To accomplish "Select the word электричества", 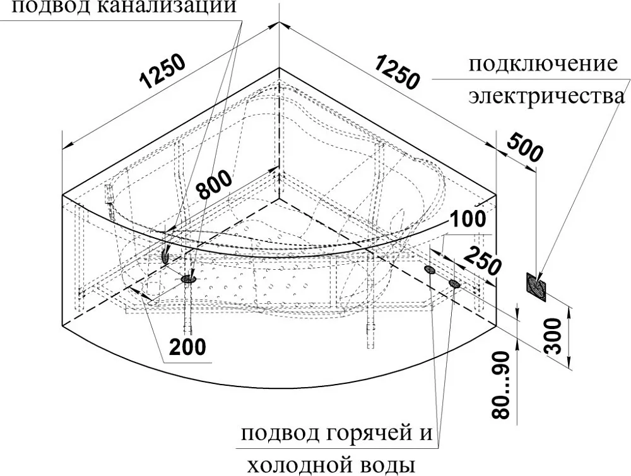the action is point(546,96).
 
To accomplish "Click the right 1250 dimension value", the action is point(396,73).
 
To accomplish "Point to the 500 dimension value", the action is point(525,148).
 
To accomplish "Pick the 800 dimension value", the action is point(215,184).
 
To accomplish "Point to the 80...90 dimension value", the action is point(502,385).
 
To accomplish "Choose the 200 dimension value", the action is point(187,347).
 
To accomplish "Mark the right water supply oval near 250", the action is point(454,284).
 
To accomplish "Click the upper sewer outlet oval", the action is point(165,255).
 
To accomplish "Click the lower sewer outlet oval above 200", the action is point(188,278).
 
